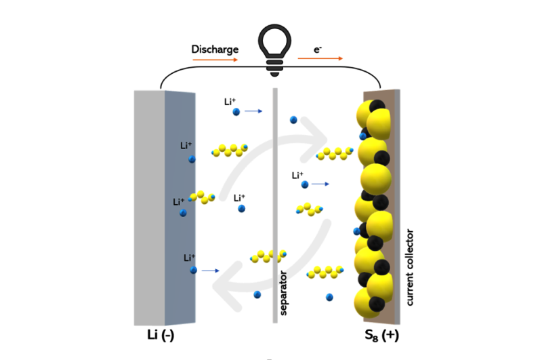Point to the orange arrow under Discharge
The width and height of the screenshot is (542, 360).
coord(215,60)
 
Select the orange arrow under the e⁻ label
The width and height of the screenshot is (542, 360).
coord(320,60)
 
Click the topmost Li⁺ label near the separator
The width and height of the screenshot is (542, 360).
coord(230,102)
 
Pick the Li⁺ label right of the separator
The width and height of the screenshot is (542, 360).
coord(298,175)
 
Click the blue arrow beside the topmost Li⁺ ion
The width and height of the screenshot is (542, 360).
coord(253,111)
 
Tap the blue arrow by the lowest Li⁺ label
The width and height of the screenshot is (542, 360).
coord(211,271)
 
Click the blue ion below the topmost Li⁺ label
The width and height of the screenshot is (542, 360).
coord(236,112)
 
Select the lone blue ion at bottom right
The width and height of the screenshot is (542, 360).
coord(329,296)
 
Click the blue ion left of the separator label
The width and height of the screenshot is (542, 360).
coord(257,294)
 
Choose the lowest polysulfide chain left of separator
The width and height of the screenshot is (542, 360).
coord(266,256)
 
